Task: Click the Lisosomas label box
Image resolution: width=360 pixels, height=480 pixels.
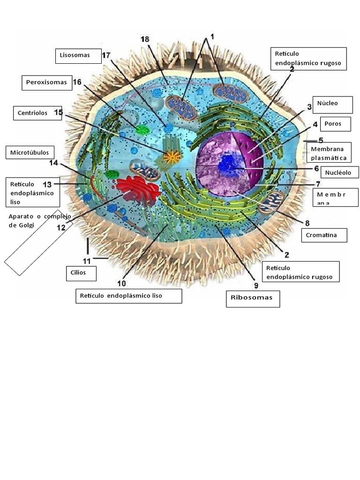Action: (78, 55)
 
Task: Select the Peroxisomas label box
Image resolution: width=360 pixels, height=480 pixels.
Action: (47, 82)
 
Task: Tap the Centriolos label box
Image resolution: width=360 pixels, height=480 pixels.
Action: (37, 113)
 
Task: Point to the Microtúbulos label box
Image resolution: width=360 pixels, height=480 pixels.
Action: (30, 152)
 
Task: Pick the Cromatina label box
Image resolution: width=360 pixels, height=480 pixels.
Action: (324, 235)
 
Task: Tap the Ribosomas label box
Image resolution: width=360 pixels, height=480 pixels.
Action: (253, 298)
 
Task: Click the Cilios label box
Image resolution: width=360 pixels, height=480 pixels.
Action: (81, 273)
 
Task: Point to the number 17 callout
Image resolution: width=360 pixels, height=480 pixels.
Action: (106, 55)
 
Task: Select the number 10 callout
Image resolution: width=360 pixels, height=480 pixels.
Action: (121, 283)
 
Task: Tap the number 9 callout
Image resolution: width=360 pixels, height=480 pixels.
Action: (256, 285)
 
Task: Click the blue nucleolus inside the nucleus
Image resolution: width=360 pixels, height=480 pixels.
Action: (229, 163)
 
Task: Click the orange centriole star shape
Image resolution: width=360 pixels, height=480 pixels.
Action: (172, 157)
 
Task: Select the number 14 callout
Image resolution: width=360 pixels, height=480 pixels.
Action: (53, 163)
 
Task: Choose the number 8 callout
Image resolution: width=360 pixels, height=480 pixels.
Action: (307, 223)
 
